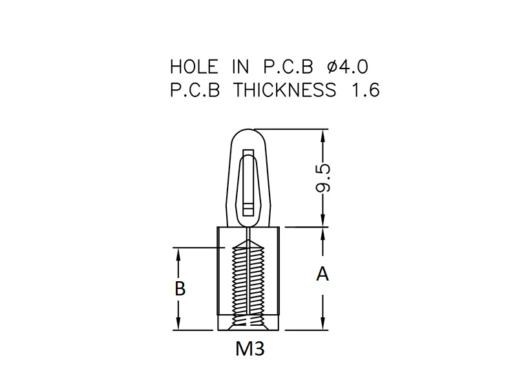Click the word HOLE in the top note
tap(194, 67)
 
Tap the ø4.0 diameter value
tap(348, 67)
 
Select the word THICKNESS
tap(285, 90)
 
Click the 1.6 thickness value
tap(366, 90)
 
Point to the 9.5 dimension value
tap(322, 178)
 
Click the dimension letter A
tap(322, 274)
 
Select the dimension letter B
tap(180, 288)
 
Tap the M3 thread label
tap(250, 348)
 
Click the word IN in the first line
tap(240, 67)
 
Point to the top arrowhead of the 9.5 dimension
tap(322, 134)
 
